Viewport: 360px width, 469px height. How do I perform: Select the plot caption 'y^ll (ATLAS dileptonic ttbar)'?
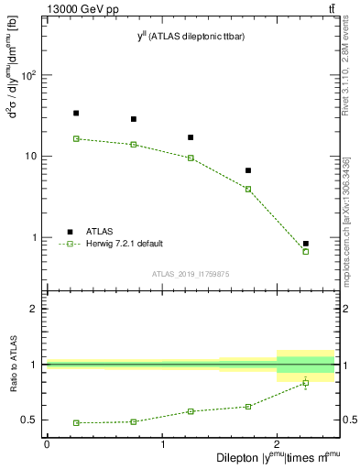point(191,36)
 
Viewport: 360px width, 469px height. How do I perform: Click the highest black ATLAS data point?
point(76,113)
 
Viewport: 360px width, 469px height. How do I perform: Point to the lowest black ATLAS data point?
point(306,244)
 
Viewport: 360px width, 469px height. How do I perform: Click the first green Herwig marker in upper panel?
point(76,138)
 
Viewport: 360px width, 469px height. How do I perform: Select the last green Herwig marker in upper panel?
point(306,251)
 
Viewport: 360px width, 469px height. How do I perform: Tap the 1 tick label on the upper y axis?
point(35,237)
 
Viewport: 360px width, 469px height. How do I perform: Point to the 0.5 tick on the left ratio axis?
point(30,420)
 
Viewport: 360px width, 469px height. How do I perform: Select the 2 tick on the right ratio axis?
point(345,309)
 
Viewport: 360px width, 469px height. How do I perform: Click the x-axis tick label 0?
point(47,444)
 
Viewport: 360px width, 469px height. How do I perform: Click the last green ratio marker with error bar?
point(306,383)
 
